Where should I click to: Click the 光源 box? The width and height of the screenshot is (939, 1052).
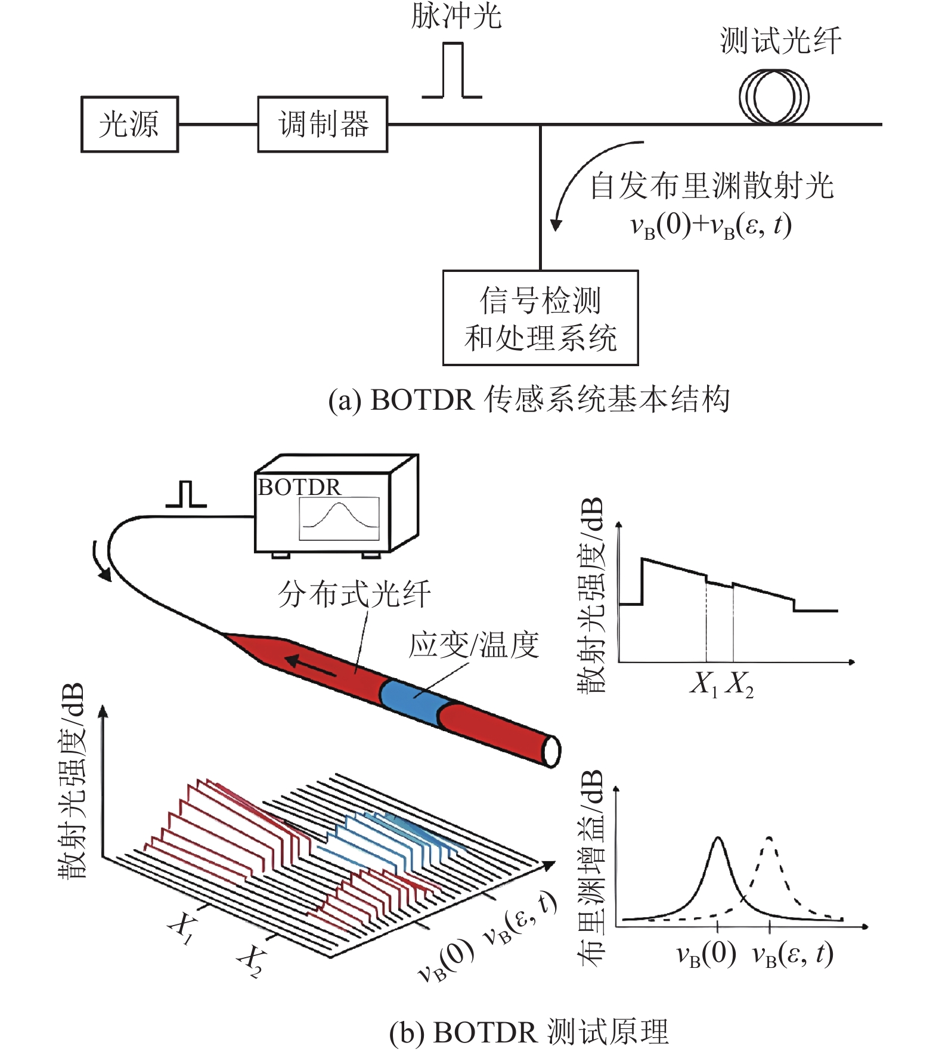[129, 125]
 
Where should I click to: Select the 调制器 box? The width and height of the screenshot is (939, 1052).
[323, 125]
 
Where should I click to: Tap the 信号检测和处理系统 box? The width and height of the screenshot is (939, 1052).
[540, 318]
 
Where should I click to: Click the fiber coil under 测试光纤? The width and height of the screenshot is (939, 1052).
[774, 97]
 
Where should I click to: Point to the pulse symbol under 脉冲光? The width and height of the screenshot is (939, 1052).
[453, 70]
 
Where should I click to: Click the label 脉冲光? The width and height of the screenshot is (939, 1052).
[456, 16]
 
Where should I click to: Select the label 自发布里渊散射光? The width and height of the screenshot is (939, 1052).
[711, 186]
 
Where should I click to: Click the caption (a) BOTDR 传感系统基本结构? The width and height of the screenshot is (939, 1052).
[529, 399]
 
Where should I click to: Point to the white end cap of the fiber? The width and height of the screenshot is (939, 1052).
[551, 751]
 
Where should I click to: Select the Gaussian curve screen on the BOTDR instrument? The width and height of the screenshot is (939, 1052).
[339, 518]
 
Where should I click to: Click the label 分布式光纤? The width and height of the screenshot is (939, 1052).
[354, 595]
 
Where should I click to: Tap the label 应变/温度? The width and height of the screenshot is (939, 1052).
[474, 645]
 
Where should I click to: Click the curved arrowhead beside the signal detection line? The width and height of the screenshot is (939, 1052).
[556, 225]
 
